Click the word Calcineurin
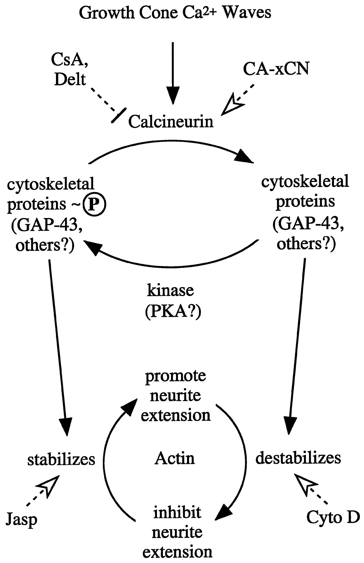tap(171, 122)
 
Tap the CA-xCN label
tap(276, 69)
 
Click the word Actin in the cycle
tap(174, 459)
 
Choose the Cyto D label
tap(333, 517)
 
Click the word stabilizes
tap(61, 459)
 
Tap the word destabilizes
tap(298, 458)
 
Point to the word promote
tap(175, 376)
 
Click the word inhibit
tap(177, 513)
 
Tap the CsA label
tap(69, 59)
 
